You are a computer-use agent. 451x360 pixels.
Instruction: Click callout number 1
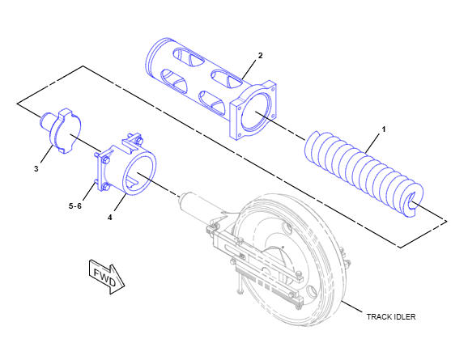(x=383, y=129)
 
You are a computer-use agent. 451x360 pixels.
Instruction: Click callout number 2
(x=260, y=56)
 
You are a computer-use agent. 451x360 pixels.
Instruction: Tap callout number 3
(x=36, y=168)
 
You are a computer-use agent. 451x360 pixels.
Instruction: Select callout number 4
(x=110, y=218)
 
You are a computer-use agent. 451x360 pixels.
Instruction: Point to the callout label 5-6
(x=75, y=206)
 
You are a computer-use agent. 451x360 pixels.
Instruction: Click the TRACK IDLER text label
(x=391, y=317)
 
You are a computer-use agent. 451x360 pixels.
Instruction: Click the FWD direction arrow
(x=107, y=277)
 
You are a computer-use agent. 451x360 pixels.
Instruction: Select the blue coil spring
(x=364, y=174)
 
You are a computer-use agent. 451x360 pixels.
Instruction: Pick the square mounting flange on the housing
(x=253, y=110)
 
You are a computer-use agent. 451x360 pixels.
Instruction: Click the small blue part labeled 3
(x=61, y=130)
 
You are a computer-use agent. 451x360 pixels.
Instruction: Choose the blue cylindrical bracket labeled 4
(x=126, y=165)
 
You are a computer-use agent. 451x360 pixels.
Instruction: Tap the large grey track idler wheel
(x=291, y=260)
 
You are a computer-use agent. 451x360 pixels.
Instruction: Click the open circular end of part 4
(x=140, y=173)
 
